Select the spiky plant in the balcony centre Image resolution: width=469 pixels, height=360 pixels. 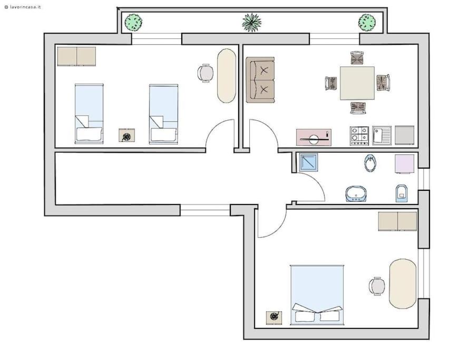pos(251,22)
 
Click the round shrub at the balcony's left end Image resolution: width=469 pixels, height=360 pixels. pos(133,23)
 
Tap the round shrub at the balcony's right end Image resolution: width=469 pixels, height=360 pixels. pos(367,23)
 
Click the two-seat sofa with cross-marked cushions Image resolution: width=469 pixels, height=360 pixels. pos(260,80)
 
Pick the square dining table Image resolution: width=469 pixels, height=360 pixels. pos(357,83)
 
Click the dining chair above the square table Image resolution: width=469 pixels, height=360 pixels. pos(357,58)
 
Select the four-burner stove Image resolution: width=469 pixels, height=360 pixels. pos(359,136)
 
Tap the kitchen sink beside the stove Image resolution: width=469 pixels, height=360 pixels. pos(382,135)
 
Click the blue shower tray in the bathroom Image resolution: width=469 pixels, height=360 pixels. pos(308,163)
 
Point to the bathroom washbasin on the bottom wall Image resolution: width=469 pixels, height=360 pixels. pos(356,194)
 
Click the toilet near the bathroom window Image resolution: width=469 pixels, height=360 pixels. pos(402,193)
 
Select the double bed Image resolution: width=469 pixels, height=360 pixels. pos(317,295)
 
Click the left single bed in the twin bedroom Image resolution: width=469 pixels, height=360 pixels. pos(89,114)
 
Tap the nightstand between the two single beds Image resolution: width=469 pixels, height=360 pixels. pos(126,135)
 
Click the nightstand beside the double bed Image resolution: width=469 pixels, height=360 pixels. pos(274,318)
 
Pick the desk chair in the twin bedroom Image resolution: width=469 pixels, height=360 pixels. pos(206,73)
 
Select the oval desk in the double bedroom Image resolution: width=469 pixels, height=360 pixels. pos(403,284)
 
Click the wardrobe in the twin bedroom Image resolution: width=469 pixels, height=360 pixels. pos(76,56)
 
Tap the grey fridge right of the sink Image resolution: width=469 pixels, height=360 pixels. pos(404,135)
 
